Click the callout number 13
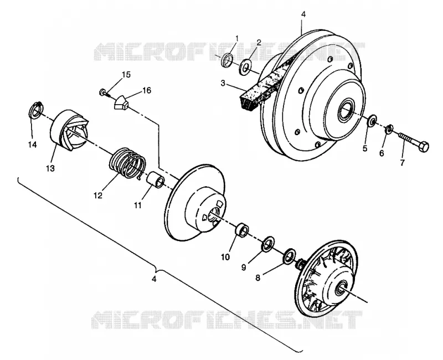pyautogui.click(x=50, y=168)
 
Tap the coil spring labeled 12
pyautogui.click(x=127, y=163)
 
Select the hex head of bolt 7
pyautogui.click(x=423, y=146)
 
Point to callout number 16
pyautogui.click(x=147, y=90)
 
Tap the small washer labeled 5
pyautogui.click(x=372, y=120)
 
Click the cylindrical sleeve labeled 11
pyautogui.click(x=156, y=181)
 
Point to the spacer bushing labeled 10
pyautogui.click(x=242, y=229)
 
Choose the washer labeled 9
pyautogui.click(x=268, y=243)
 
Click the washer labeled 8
pyautogui.click(x=289, y=257)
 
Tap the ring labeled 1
pyautogui.click(x=227, y=60)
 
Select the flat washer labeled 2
pyautogui.click(x=246, y=67)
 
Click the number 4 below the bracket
pyautogui.click(x=154, y=279)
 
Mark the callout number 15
pyautogui.click(x=126, y=75)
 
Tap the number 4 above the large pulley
pyautogui.click(x=303, y=14)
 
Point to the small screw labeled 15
pyautogui.click(x=105, y=92)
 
